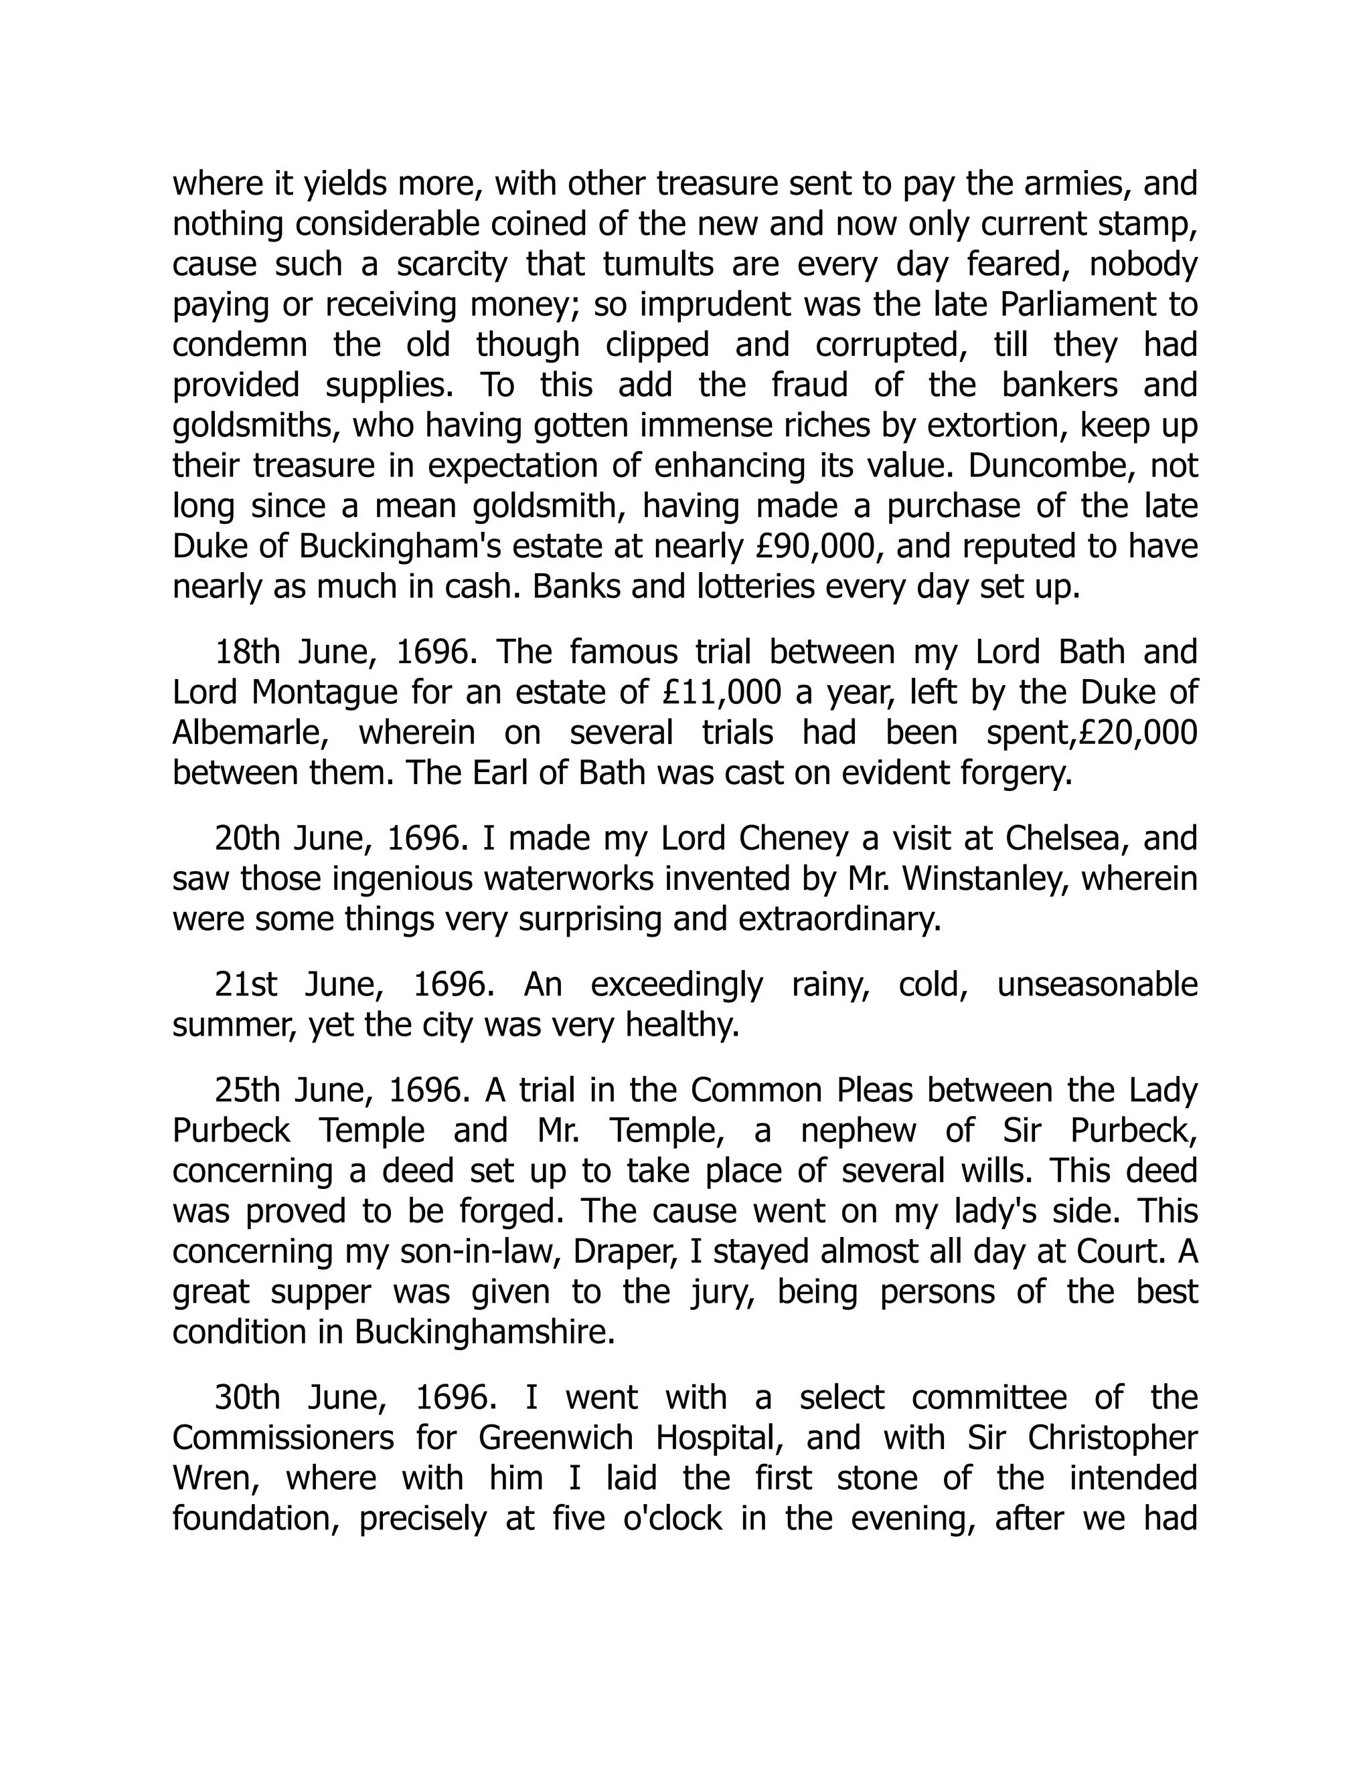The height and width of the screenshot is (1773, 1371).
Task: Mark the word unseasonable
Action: pos(1097,984)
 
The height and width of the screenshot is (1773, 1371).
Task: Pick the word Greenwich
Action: pos(560,1438)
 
